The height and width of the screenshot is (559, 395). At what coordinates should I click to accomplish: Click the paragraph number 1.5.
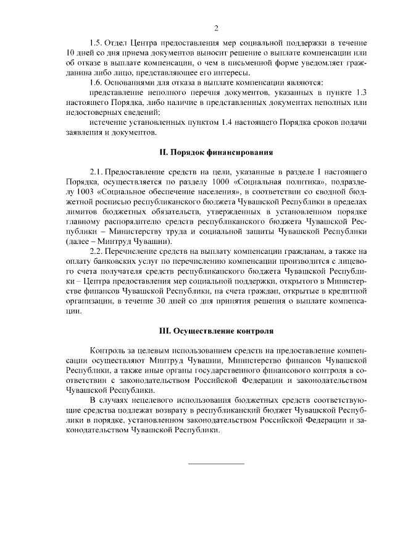(x=96, y=43)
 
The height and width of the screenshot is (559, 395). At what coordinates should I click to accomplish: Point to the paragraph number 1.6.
(x=96, y=82)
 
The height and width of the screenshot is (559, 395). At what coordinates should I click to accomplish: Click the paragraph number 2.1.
(x=96, y=171)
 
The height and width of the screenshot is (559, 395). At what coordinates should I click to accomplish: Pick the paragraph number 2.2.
(x=96, y=251)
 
